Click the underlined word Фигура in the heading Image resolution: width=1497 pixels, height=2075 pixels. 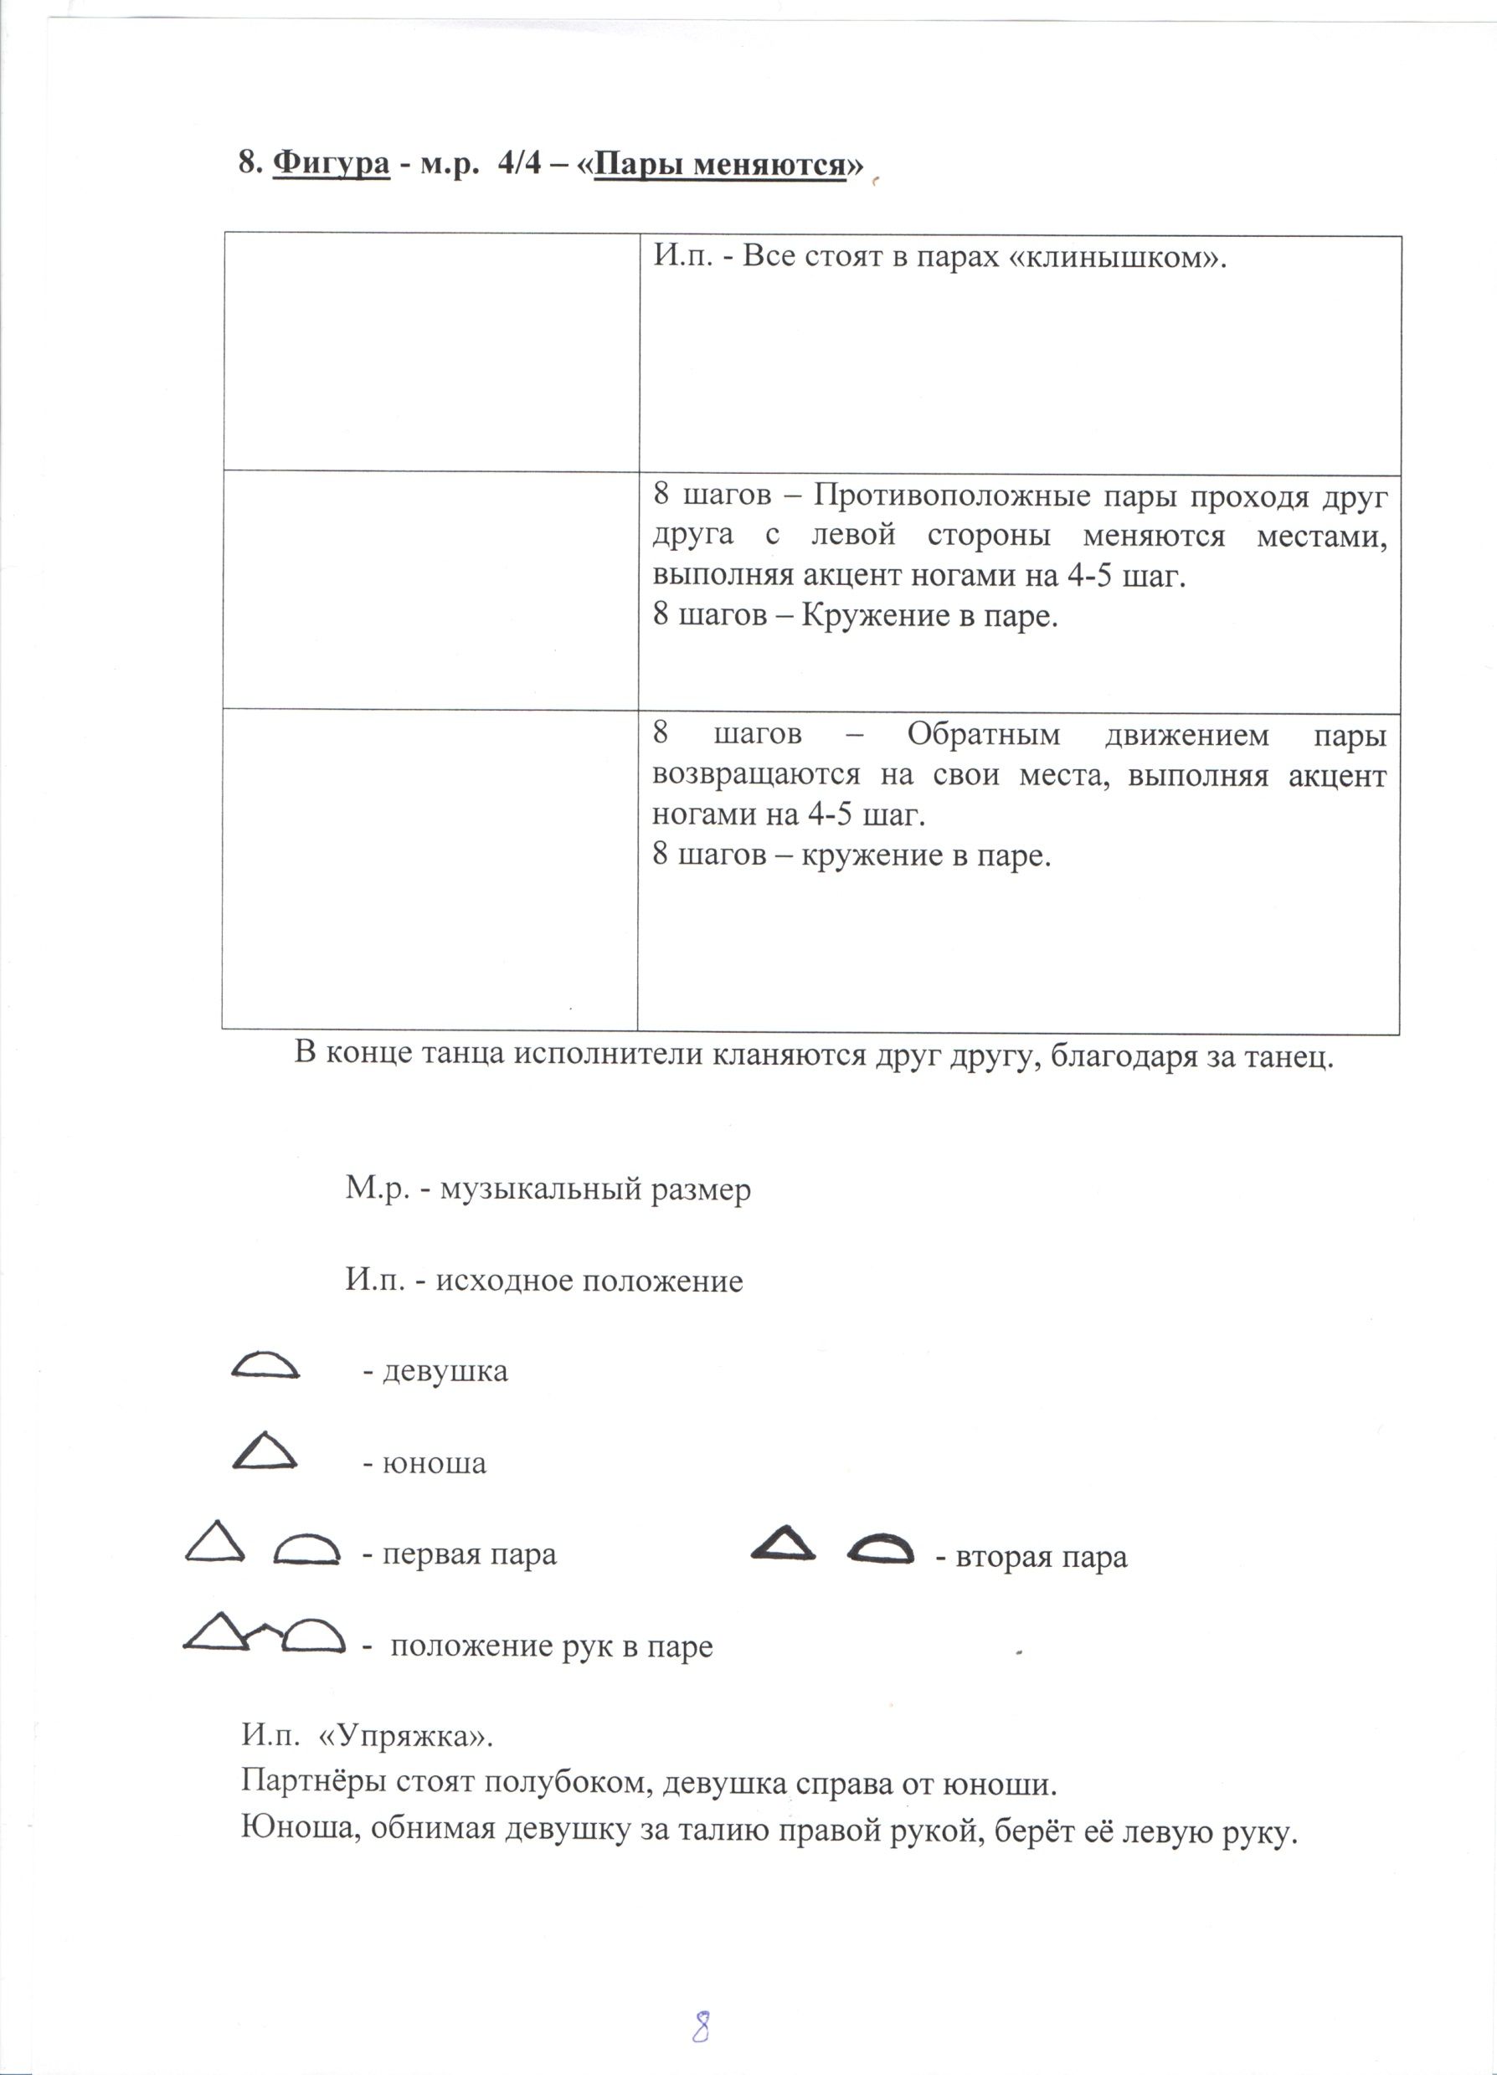(331, 165)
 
